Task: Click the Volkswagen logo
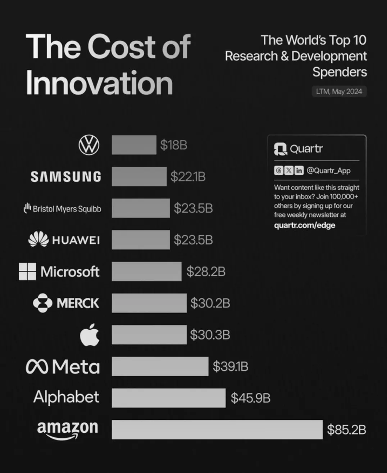coord(89,145)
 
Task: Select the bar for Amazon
coord(217,429)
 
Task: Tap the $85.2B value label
coord(346,429)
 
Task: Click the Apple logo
coord(90,334)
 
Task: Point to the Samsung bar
coord(139,176)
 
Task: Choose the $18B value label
coord(174,145)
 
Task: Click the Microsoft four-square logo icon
coord(27,271)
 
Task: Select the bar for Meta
coord(160,366)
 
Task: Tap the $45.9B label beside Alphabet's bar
coord(250,398)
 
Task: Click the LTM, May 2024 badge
coord(339,91)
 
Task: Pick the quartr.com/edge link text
coord(304,225)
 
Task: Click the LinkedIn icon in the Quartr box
coord(299,170)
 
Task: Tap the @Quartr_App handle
coord(328,170)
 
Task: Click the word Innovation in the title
coord(99,83)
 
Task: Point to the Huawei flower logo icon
coord(38,240)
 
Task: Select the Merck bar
coord(149,303)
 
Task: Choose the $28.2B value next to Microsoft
coord(206,271)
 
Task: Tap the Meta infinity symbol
coord(37,367)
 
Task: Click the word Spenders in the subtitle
coord(340,72)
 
